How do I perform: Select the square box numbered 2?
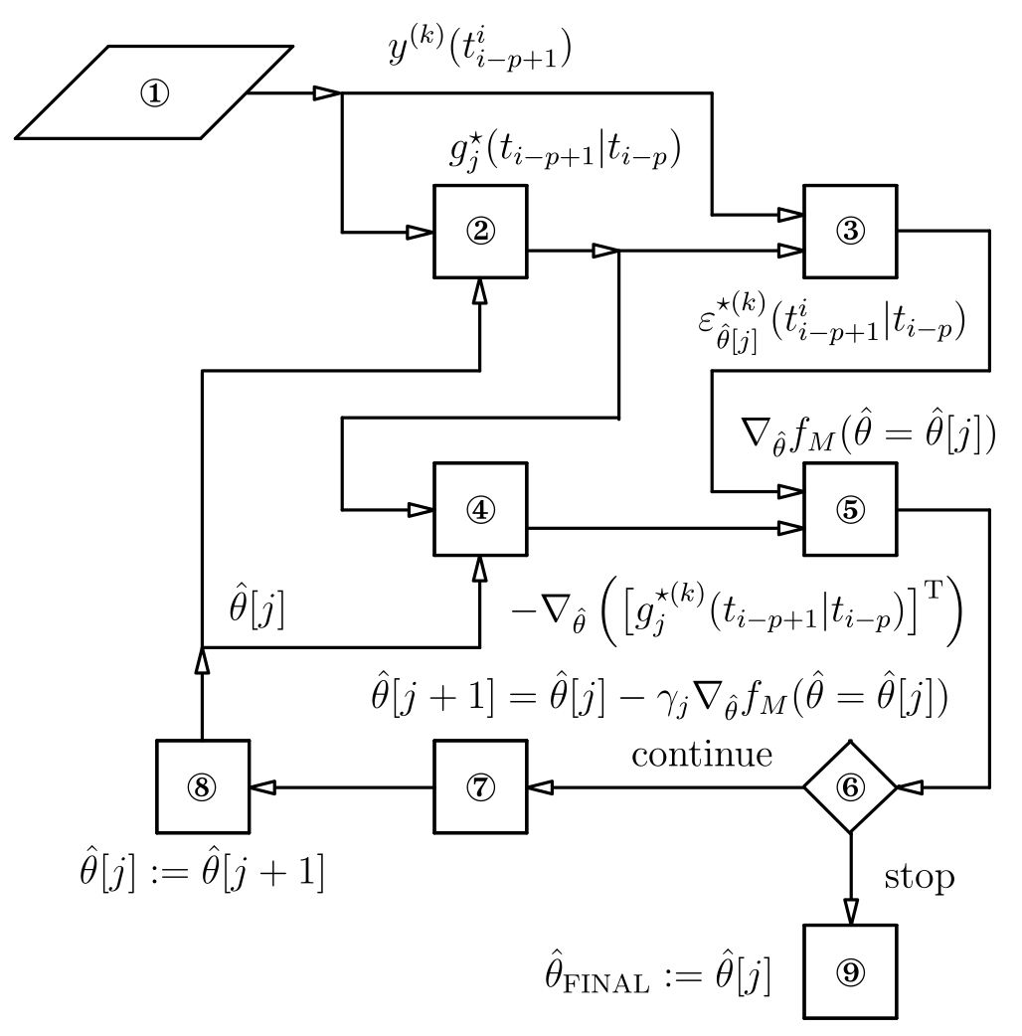coord(479,232)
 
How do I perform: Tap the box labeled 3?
coord(850,232)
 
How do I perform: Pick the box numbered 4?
coord(479,509)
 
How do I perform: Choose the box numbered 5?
coord(850,509)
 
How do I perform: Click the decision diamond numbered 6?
coord(850,786)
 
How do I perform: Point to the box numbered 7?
coord(479,786)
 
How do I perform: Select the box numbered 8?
coord(202,786)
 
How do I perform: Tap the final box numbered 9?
coord(850,971)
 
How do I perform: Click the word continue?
coord(702,755)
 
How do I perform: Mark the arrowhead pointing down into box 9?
coord(850,913)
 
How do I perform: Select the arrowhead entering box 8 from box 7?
coord(260,786)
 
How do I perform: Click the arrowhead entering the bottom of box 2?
coord(479,291)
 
